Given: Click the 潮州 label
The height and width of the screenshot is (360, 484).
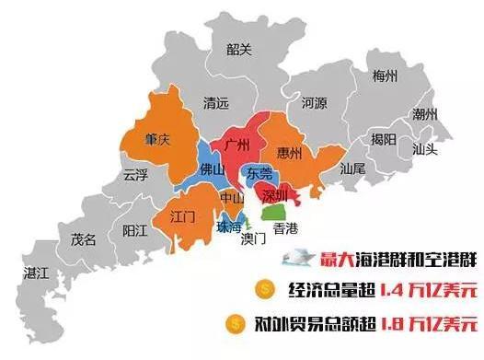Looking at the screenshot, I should [x=425, y=115].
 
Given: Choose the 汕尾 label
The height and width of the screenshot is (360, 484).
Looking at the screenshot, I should [x=352, y=169].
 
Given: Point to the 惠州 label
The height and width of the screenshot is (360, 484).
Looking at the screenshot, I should [x=289, y=155].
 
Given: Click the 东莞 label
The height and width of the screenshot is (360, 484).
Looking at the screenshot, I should [x=260, y=172].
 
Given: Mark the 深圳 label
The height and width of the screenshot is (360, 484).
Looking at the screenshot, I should [x=275, y=195].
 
